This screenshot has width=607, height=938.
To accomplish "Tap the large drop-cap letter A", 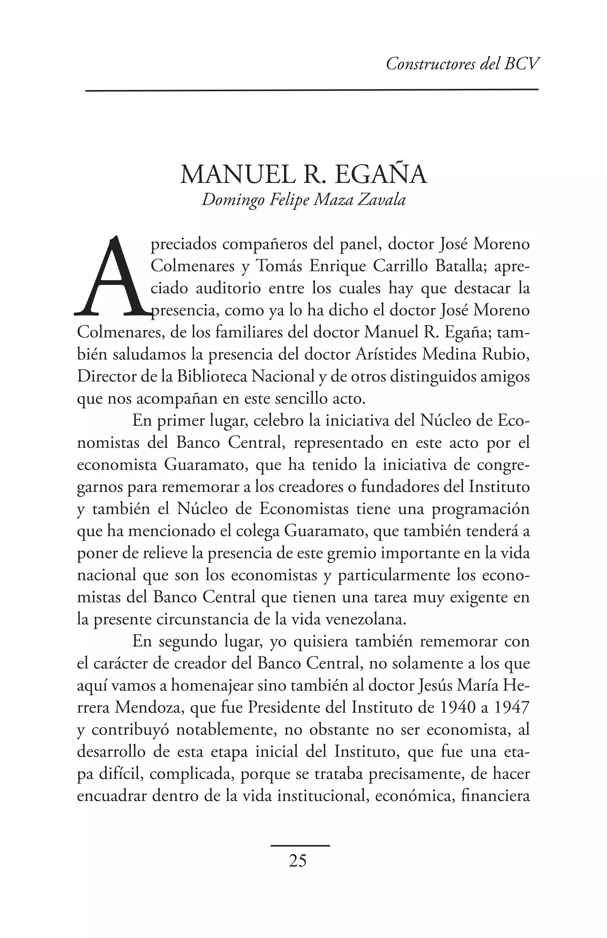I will pyautogui.click(x=111, y=276).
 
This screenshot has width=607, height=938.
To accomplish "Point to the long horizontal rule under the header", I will pyautogui.click(x=311, y=90).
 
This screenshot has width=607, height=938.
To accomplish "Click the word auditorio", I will pyautogui.click(x=228, y=288).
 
